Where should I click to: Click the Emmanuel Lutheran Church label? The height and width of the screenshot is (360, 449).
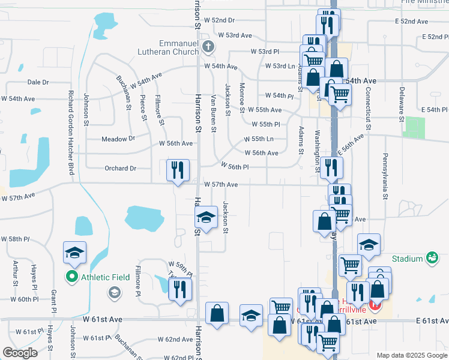[x=178, y=47]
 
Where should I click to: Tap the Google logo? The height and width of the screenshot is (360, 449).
[x=20, y=353]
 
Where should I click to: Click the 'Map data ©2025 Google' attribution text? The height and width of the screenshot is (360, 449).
[x=411, y=355]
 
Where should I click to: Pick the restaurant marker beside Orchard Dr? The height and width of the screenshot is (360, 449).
[x=178, y=171]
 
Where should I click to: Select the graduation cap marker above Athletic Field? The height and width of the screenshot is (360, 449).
[x=75, y=253]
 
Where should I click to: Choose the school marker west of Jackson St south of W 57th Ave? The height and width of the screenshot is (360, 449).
[x=206, y=218]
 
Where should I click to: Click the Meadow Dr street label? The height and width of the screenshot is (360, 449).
[x=118, y=139]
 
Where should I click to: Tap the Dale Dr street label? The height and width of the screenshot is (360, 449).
[x=38, y=82]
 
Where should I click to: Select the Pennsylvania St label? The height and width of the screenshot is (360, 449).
[x=384, y=175]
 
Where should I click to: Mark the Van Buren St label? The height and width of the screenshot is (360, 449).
[x=213, y=106]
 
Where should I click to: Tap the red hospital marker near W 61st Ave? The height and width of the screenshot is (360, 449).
[x=375, y=305]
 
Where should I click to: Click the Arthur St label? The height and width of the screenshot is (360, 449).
[x=15, y=273]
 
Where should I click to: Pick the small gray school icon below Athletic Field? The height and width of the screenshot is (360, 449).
[x=113, y=292]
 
